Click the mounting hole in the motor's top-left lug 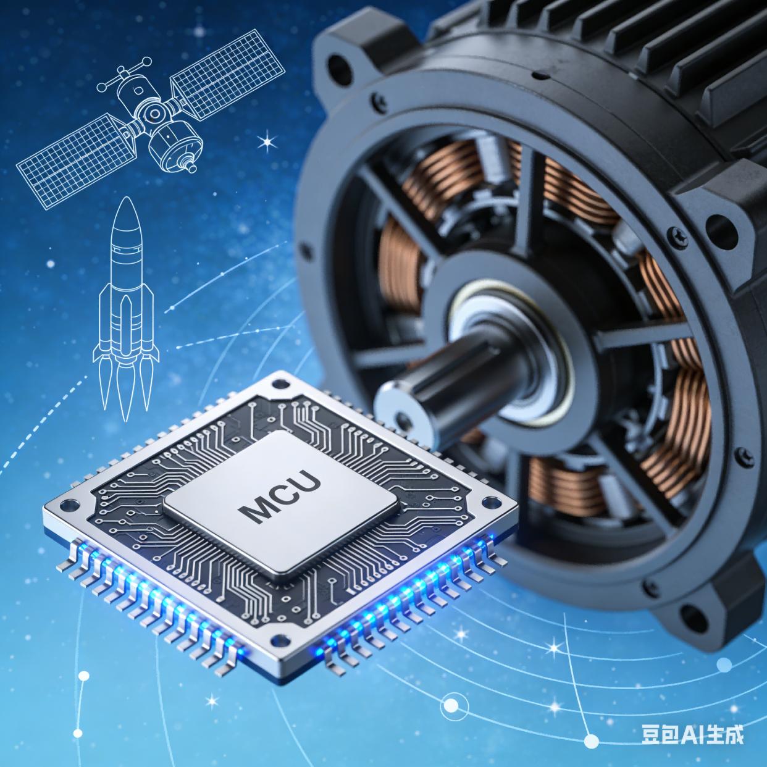(340, 65)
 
